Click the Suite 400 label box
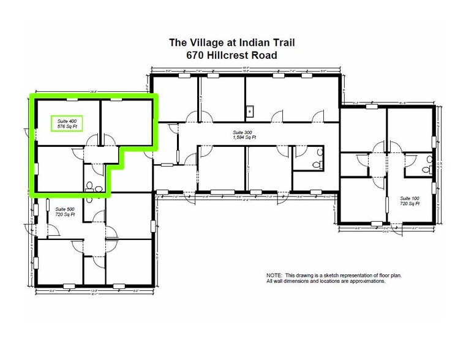pos(67,123)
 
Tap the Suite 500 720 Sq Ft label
pos(64,212)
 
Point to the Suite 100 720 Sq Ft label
pos(408,201)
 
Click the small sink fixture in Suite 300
pos(250,111)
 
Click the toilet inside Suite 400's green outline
pos(91,186)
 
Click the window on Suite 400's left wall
pos(35,166)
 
